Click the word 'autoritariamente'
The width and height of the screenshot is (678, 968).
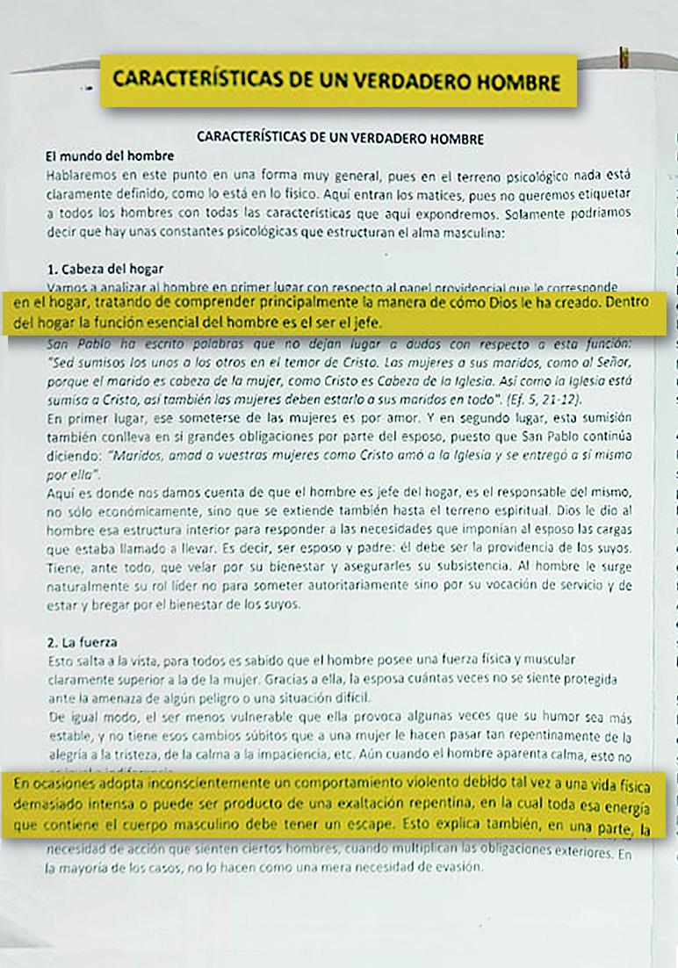[x=368, y=584]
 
